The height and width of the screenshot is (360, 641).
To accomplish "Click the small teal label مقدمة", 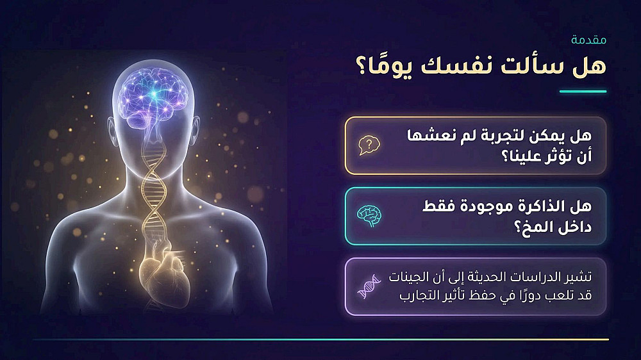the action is tap(588, 40).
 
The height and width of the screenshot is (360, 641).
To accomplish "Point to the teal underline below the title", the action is tap(583, 92).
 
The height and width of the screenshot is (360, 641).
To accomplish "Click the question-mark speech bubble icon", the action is tap(370, 145).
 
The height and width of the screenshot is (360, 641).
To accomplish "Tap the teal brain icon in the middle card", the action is tap(370, 216).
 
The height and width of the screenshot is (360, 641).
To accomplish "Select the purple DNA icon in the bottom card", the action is tap(369, 286).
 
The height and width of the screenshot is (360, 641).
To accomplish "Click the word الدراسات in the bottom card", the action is tap(540, 277).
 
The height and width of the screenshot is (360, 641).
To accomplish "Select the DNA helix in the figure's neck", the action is tap(153, 180).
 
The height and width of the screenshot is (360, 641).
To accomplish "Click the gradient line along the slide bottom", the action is tap(320, 340).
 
